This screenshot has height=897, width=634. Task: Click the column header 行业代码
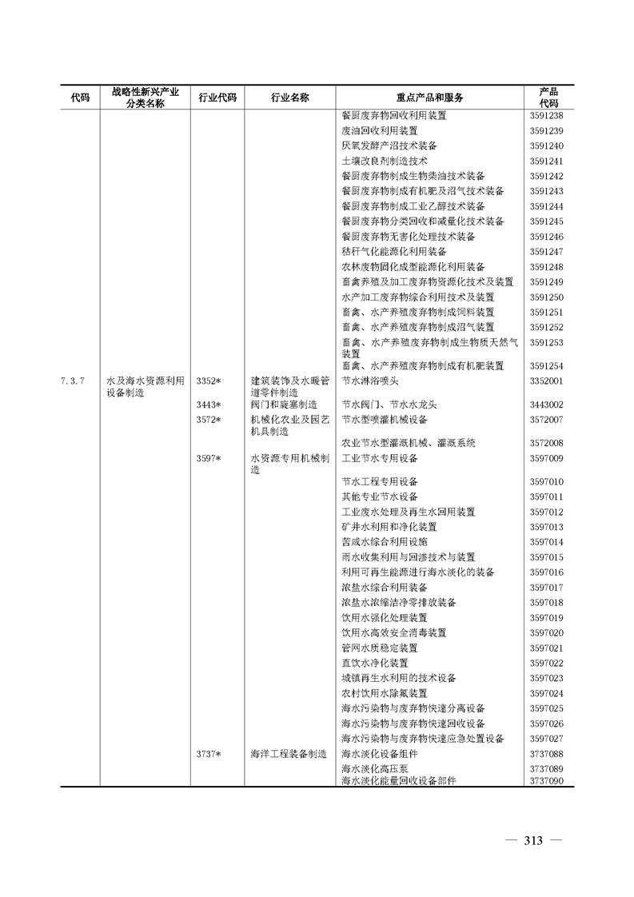(217, 98)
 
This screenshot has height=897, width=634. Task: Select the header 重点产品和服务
(429, 98)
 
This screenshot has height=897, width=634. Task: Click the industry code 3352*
(209, 381)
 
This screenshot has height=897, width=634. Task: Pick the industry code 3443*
(209, 405)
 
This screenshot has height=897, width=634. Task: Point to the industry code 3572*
(209, 419)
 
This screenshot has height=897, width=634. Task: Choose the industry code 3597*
(209, 458)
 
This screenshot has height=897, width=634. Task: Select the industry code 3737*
(209, 753)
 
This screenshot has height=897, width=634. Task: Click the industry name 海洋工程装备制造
(289, 753)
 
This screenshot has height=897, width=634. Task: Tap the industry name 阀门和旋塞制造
(284, 405)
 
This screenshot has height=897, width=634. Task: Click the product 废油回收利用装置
(380, 130)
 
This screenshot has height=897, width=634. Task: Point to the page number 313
(533, 840)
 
